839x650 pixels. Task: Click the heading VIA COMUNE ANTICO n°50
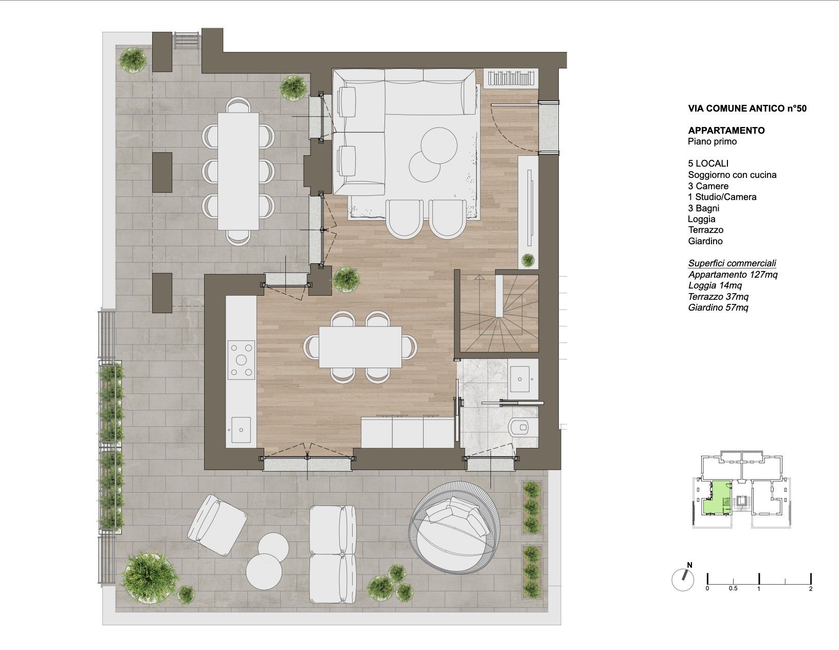(x=747, y=109)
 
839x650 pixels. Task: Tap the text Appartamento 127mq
(x=733, y=275)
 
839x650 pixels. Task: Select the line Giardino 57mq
(x=718, y=308)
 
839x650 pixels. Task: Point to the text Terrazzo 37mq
(x=718, y=297)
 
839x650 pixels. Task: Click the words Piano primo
(x=712, y=141)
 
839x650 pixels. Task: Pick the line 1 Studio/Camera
(x=722, y=197)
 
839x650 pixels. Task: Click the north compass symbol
(x=683, y=580)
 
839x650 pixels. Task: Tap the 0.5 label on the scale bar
(x=733, y=589)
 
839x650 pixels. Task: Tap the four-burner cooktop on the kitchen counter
(x=241, y=359)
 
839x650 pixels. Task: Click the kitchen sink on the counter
(x=241, y=429)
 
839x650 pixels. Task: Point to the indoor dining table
(x=360, y=347)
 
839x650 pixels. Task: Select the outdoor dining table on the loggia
(x=238, y=171)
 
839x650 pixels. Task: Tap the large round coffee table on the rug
(x=439, y=146)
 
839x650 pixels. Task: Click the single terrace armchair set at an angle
(x=217, y=525)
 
